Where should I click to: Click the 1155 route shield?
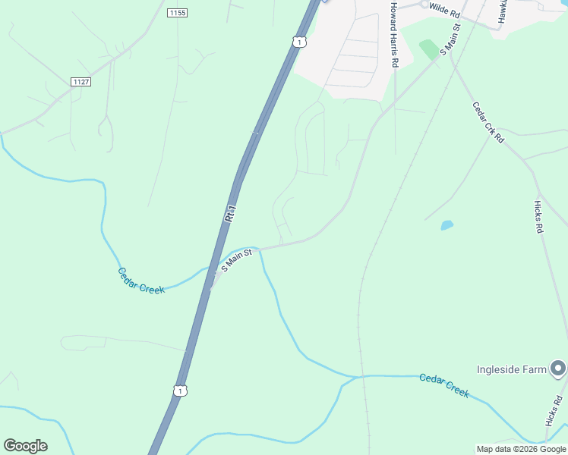(177, 13)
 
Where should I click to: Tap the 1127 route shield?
(80, 81)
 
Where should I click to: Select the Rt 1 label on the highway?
(231, 213)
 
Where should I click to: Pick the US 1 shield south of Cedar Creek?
(179, 390)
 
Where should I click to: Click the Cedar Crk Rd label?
(488, 123)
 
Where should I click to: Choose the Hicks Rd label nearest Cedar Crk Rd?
(539, 216)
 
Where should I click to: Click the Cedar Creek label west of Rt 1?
(141, 280)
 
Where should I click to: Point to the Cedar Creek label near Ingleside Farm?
(444, 385)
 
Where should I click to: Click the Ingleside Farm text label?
(511, 369)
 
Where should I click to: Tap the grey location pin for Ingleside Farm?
(559, 369)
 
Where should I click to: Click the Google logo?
(25, 445)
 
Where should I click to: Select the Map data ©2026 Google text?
(521, 449)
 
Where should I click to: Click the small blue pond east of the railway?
(447, 225)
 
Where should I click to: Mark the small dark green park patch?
(429, 49)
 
